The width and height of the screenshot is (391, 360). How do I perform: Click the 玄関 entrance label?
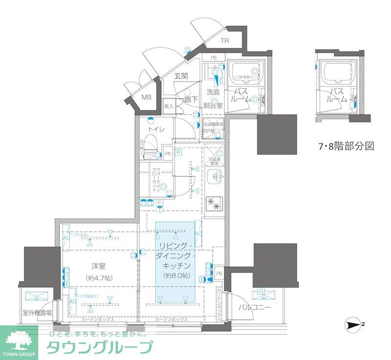click(181, 76)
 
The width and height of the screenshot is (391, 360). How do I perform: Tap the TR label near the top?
click(224, 41)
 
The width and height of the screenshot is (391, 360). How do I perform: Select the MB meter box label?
click(147, 97)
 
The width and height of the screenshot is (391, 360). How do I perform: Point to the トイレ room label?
click(157, 129)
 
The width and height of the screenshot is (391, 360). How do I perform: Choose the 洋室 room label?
click(99, 266)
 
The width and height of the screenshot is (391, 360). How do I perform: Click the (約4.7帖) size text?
click(99, 278)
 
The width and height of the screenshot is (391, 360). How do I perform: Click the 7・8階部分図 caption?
click(346, 146)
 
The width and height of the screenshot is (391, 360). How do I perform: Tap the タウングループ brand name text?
click(99, 347)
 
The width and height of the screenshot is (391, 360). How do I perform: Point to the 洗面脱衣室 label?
click(213, 98)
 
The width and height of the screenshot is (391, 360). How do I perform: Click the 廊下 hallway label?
click(190, 99)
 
